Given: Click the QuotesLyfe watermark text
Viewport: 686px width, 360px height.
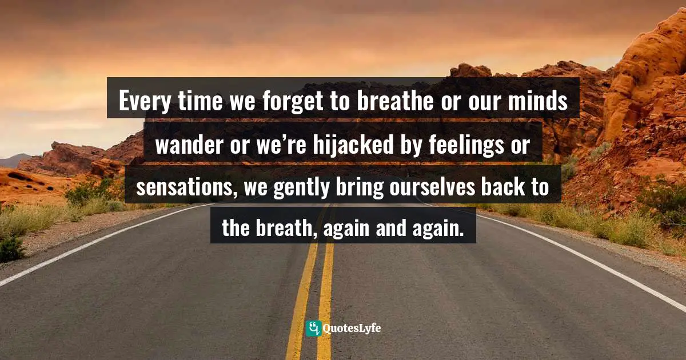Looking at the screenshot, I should (x=352, y=329).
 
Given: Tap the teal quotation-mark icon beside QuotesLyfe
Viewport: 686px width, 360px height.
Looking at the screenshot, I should (x=313, y=329).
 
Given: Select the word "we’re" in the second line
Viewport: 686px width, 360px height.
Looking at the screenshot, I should (x=279, y=146).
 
